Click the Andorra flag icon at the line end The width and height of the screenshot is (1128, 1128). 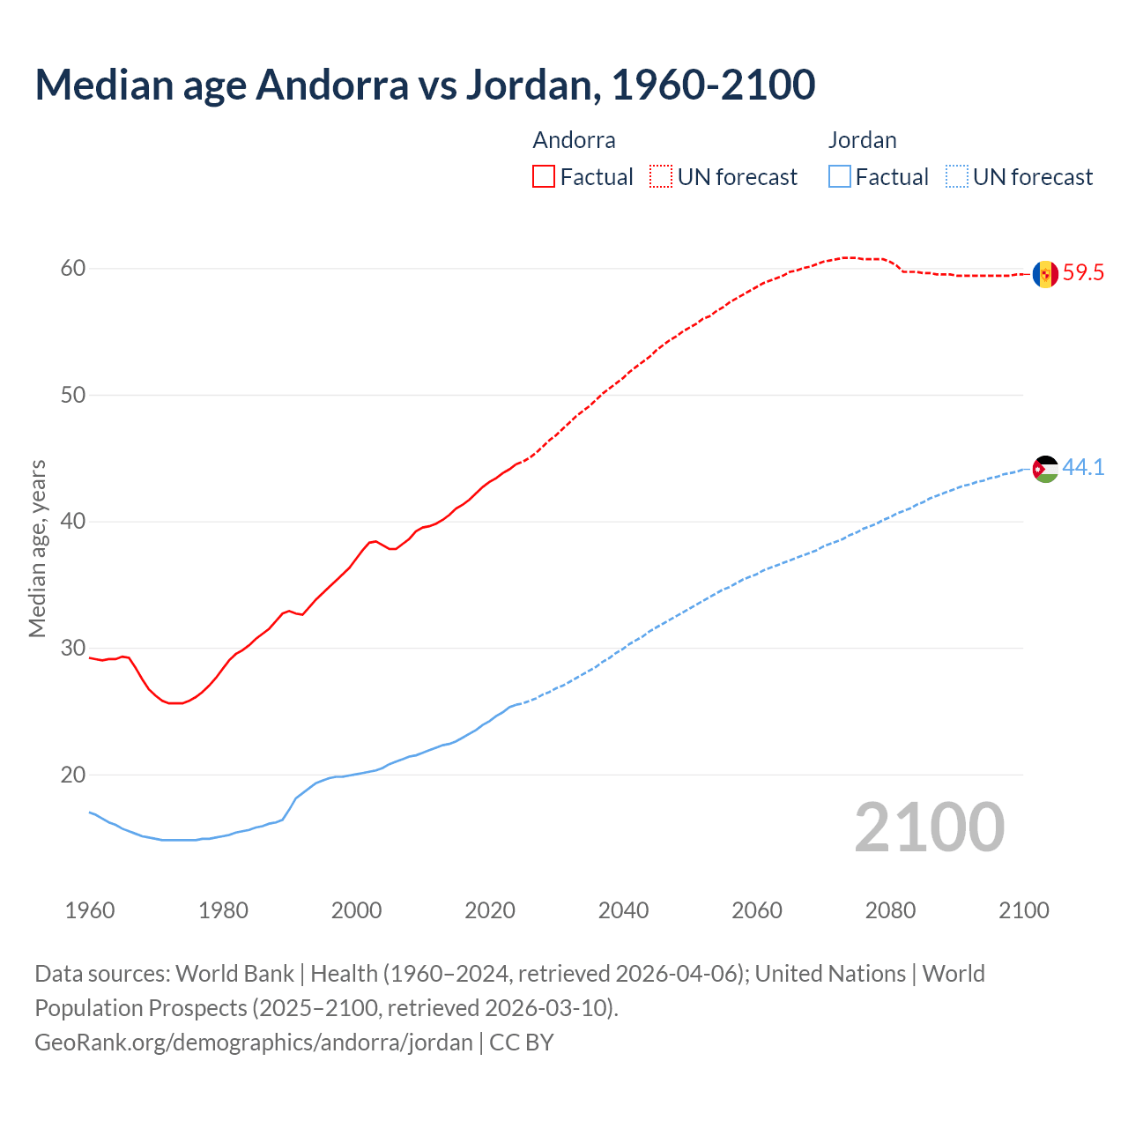click(x=1045, y=274)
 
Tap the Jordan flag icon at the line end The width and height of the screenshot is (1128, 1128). click(x=1045, y=469)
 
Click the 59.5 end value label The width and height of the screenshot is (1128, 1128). click(x=1083, y=273)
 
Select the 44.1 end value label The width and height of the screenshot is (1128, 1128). click(x=1083, y=468)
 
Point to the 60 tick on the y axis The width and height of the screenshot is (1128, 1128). click(x=73, y=268)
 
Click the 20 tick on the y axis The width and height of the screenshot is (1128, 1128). click(x=73, y=775)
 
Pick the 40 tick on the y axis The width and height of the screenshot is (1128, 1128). click(x=73, y=522)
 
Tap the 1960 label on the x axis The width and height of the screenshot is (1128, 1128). click(x=90, y=910)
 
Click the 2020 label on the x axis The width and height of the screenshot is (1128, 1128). click(x=490, y=910)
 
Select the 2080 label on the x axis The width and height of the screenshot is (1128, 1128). click(x=890, y=910)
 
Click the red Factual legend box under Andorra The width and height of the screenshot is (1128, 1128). click(x=544, y=176)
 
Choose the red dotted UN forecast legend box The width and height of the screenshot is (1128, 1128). click(x=661, y=176)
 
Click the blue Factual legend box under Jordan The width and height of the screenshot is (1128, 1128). click(x=840, y=176)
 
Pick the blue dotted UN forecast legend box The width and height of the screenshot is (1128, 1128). click(x=957, y=176)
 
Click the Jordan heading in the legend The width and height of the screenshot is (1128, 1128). click(x=862, y=140)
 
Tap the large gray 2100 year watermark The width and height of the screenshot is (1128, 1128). click(x=929, y=827)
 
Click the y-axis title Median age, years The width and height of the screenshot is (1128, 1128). click(x=37, y=548)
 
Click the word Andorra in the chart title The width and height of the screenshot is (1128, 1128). click(x=332, y=85)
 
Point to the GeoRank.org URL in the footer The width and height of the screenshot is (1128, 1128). click(x=254, y=1043)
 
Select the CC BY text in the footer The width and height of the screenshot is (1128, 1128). click(x=522, y=1043)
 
